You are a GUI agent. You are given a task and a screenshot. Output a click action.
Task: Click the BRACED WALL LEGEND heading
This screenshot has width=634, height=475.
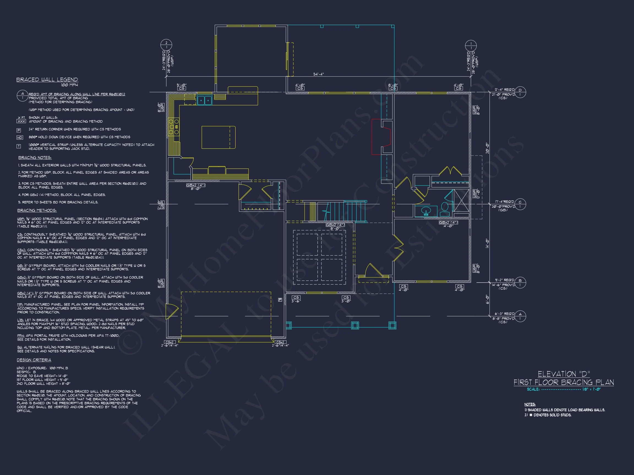47,80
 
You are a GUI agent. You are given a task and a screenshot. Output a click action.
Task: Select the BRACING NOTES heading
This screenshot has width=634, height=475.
35,158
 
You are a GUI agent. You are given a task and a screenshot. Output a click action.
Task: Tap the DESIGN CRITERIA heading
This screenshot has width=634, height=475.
34,360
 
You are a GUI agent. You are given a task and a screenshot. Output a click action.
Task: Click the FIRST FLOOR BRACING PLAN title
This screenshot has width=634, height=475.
564,382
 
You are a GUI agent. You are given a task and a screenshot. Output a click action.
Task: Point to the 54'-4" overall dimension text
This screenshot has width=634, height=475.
318,74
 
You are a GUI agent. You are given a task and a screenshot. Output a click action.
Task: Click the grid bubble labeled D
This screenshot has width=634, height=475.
520,92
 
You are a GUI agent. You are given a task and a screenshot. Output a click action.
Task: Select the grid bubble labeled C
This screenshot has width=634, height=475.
520,204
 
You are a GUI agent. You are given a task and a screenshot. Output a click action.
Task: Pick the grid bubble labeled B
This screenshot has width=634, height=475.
520,282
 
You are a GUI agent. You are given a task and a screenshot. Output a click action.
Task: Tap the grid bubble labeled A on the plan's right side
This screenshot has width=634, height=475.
520,316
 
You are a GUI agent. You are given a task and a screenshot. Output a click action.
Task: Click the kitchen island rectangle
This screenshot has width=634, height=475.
218,137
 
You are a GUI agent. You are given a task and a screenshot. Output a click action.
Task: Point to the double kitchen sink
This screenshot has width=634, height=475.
204,101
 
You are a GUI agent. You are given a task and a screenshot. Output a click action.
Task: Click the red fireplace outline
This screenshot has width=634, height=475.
381,137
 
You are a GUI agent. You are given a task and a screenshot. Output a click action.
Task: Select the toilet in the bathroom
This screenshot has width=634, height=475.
445,209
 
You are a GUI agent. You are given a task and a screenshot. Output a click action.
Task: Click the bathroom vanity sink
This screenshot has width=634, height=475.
426,211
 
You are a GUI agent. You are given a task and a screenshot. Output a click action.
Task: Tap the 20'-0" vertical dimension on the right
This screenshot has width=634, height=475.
487,148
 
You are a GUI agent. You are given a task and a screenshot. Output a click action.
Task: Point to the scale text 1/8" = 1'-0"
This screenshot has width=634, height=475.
591,390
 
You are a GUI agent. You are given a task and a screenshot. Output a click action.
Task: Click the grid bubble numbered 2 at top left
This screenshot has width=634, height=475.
166,45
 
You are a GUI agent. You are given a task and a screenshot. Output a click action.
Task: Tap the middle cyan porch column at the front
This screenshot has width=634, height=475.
355,325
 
